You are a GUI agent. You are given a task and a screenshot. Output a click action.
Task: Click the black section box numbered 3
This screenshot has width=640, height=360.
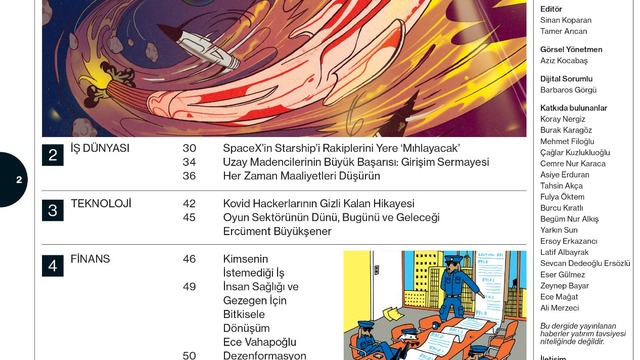click(x=53, y=210)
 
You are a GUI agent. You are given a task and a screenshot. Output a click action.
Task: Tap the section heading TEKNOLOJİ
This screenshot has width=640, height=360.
click(x=101, y=203)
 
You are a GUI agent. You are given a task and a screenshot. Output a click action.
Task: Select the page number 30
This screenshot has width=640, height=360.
click(x=189, y=148)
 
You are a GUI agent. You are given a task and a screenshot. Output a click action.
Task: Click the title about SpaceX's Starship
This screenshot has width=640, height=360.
click(x=342, y=148)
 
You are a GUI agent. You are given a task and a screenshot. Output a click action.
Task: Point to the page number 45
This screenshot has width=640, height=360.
click(x=189, y=217)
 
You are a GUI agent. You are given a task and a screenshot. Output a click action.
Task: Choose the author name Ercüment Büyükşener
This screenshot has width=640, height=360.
click(x=277, y=231)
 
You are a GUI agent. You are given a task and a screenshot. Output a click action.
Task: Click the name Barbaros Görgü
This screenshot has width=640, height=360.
click(x=568, y=90)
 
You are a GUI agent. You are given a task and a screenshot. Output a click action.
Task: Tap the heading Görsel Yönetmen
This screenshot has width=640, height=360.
click(x=571, y=49)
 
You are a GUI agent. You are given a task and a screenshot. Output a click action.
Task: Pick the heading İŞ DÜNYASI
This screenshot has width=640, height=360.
click(x=100, y=148)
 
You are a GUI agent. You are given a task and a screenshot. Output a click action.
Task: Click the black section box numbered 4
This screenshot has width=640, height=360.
click(x=53, y=266)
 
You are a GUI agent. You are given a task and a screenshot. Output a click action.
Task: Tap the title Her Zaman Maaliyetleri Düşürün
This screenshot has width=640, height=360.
click(x=302, y=176)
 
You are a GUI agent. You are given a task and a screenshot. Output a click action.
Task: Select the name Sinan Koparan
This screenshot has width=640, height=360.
click(x=566, y=20)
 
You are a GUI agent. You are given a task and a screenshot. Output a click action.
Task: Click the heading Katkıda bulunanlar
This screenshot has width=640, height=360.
click(x=573, y=108)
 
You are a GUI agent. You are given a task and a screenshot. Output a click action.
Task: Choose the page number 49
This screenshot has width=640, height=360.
click(x=189, y=287)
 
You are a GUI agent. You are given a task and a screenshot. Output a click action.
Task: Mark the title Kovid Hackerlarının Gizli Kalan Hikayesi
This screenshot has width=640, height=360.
click(x=319, y=203)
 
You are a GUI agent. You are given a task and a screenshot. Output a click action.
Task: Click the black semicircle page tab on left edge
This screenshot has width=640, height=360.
click(x=13, y=180)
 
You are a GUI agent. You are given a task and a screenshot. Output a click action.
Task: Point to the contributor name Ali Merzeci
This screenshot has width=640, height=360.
click(x=560, y=308)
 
